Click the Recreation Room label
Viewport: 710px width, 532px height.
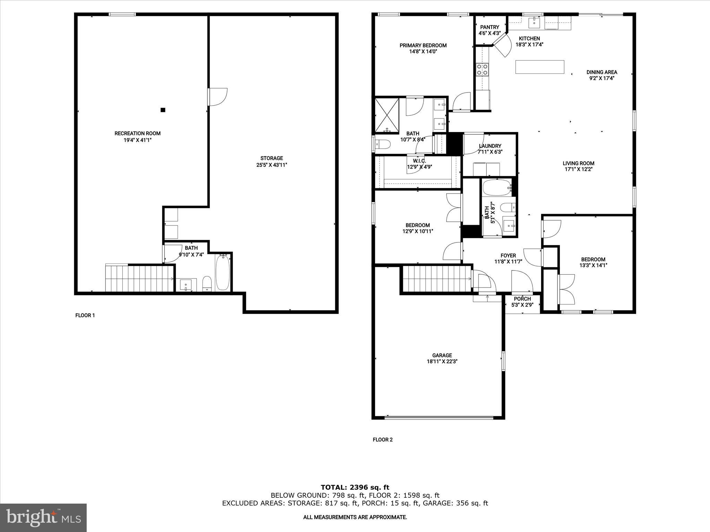[x=137, y=133]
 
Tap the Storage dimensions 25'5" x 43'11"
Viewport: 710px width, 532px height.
[x=272, y=165]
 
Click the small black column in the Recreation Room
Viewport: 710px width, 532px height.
[x=163, y=110]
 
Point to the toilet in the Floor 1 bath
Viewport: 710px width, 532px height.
[x=207, y=283]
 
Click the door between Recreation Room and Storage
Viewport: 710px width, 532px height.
[x=217, y=97]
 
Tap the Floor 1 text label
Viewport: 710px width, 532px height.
[x=85, y=315]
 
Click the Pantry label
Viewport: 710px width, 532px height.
[x=490, y=27]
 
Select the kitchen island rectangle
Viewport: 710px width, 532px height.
[x=539, y=67]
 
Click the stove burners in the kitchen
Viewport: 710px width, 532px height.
[x=482, y=69]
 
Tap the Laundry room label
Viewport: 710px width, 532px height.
[x=490, y=146]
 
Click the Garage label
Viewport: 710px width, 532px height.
[x=442, y=355]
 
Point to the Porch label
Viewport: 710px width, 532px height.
[x=522, y=299]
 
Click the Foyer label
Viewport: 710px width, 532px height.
[x=508, y=256]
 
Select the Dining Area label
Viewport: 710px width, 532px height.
[x=601, y=72]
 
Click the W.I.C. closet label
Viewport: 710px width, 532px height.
[x=419, y=161]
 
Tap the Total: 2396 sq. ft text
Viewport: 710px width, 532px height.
[x=355, y=488]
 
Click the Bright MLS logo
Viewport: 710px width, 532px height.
[x=43, y=517]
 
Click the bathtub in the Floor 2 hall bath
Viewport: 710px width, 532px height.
[x=497, y=188]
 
